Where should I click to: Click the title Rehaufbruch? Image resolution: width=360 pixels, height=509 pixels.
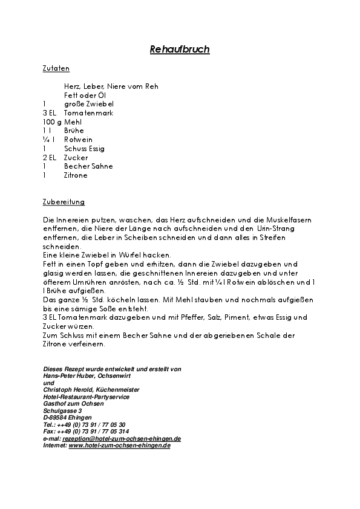(180, 50)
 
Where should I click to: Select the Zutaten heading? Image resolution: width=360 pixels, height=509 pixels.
(56, 69)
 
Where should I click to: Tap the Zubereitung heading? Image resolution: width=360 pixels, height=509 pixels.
(64, 201)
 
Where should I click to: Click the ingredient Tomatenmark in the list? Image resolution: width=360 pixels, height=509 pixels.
(88, 113)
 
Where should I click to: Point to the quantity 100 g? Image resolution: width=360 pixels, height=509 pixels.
(53, 122)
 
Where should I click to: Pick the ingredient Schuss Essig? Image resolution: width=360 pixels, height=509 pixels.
(84, 148)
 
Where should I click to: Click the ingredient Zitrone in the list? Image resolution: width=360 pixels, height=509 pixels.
(76, 175)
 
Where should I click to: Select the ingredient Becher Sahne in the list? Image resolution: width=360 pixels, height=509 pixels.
(88, 166)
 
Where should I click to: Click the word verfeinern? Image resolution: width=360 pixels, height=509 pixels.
(87, 344)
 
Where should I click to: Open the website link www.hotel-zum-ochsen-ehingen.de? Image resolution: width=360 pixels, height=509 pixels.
(119, 445)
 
